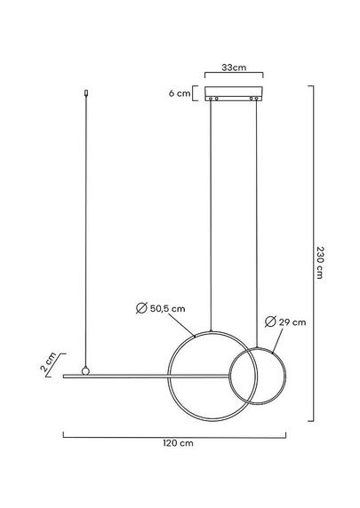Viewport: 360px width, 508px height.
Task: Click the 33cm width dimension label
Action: (x=234, y=67)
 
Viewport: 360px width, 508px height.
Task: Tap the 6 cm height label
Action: (x=180, y=93)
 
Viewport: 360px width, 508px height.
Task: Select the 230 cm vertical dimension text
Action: (x=320, y=262)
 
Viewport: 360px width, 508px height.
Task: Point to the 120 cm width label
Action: (x=178, y=443)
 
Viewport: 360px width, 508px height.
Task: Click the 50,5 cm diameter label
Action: (x=167, y=308)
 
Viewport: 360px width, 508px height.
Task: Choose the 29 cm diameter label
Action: (x=292, y=322)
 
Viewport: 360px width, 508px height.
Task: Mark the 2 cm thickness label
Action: (x=48, y=361)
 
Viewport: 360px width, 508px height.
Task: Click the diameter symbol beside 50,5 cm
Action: (x=141, y=308)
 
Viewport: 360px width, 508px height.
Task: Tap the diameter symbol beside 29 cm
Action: (x=270, y=321)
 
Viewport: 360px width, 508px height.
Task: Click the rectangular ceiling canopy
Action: (x=234, y=93)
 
